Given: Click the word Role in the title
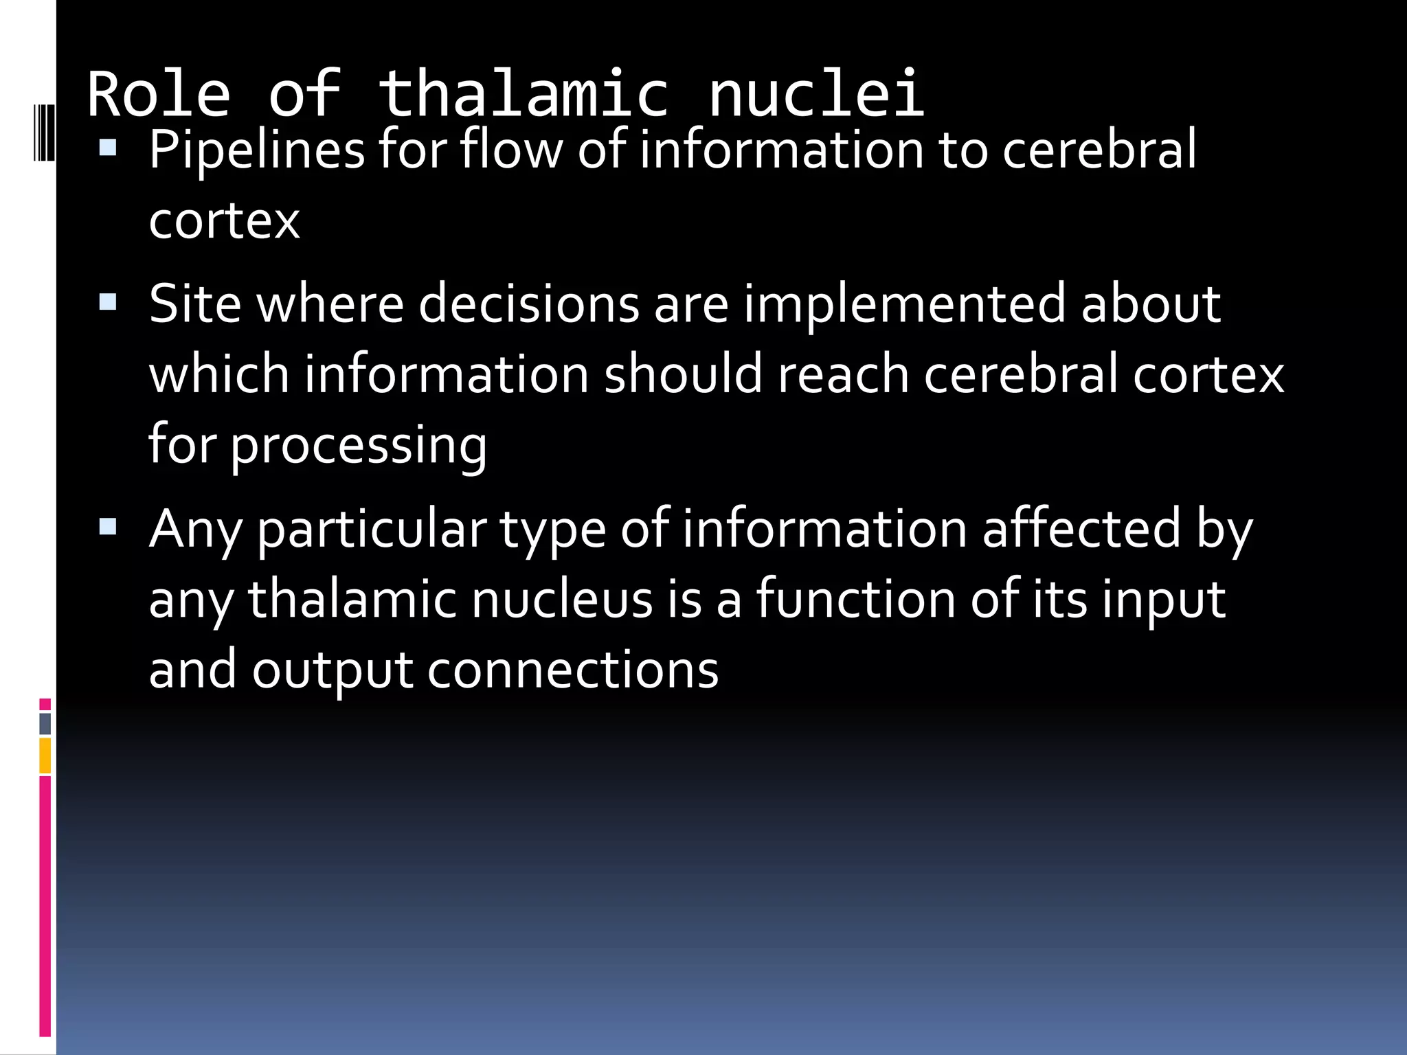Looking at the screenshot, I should pos(159,94).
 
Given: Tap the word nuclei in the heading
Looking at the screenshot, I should pos(816,94).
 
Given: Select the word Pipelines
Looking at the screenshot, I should pos(257,150).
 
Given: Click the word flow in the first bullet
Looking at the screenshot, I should pos(511,150).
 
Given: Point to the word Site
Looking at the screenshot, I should pos(195,304).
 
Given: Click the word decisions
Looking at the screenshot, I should pos(529,304).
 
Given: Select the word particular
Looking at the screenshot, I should pos(372,530).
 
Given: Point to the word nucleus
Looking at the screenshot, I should pos(562,599).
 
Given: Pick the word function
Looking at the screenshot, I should pos(856,599).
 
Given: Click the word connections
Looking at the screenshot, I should pos(573,670).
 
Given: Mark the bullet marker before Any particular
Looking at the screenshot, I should pos(108,527).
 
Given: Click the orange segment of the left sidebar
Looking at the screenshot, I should pos(45,756).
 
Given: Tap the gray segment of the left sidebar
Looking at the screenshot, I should pos(45,723).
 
